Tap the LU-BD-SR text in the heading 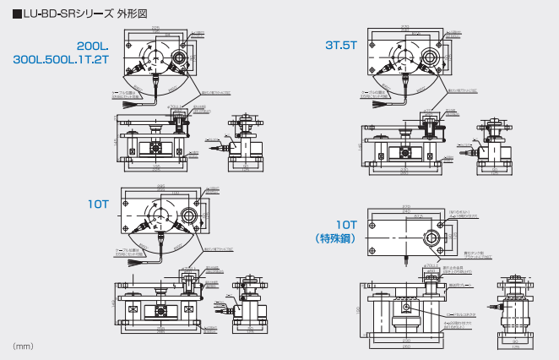52,12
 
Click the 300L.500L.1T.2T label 62,60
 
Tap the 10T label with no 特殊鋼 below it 98,204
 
